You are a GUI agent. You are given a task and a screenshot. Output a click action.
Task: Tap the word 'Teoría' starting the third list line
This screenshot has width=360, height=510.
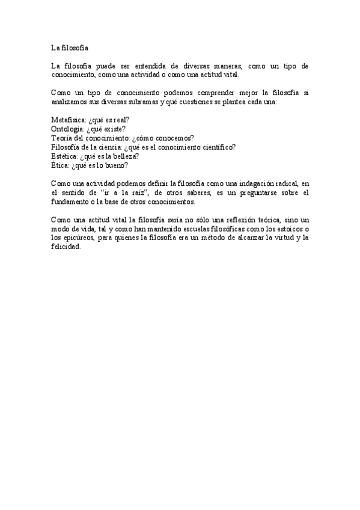(x=63, y=138)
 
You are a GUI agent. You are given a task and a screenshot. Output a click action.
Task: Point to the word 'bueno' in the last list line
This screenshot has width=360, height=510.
(x=116, y=165)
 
